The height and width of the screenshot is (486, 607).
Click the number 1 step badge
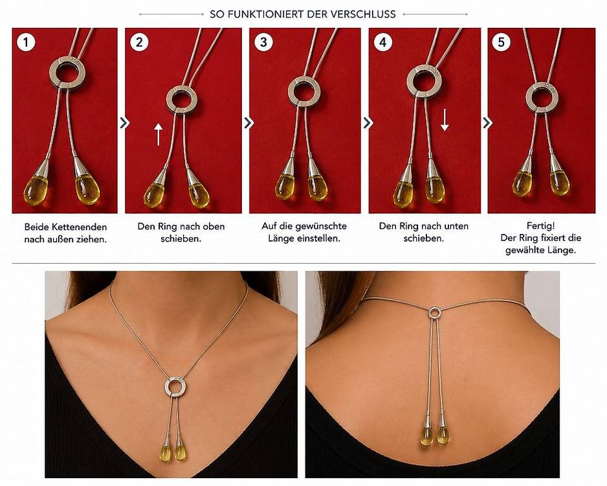pyautogui.click(x=26, y=42)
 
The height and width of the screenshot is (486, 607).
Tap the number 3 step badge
pyautogui.click(x=263, y=42)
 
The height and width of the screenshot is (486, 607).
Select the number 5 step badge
pyautogui.click(x=502, y=42)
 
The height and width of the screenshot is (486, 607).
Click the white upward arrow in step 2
pyautogui.click(x=158, y=134)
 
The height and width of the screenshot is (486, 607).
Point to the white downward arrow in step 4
pyautogui.click(x=445, y=120)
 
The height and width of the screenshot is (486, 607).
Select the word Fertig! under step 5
pyautogui.click(x=540, y=226)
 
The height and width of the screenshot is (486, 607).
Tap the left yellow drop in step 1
pyautogui.click(x=37, y=189)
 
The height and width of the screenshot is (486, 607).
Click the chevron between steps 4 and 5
pyautogui.click(x=487, y=123)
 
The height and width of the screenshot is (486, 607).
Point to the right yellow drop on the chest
pyautogui.click(x=180, y=453)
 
